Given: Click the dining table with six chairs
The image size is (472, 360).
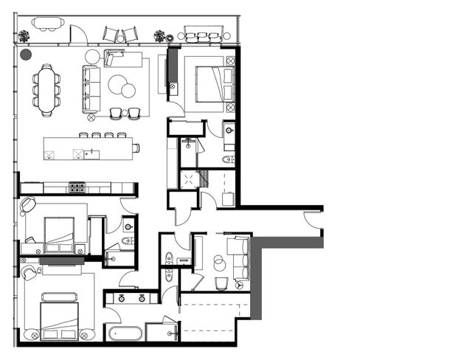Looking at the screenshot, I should point(46,90).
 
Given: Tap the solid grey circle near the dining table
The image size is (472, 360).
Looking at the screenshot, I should point(26,54).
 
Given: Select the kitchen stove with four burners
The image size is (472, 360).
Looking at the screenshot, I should point(77,187).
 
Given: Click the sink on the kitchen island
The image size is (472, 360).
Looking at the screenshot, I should point(91,154).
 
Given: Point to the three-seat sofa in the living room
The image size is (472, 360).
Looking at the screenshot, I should point(91,88).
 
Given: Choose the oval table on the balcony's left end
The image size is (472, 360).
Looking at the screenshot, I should point(48,24).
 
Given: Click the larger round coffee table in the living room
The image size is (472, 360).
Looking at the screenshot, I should point(118,85).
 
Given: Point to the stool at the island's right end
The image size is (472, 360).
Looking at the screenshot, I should point(136,148).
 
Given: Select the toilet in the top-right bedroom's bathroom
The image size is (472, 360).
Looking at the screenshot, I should point(229,159).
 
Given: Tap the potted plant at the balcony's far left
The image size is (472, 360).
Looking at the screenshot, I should point(24,35).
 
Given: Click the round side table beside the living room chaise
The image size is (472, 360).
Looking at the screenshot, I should point(92,57).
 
